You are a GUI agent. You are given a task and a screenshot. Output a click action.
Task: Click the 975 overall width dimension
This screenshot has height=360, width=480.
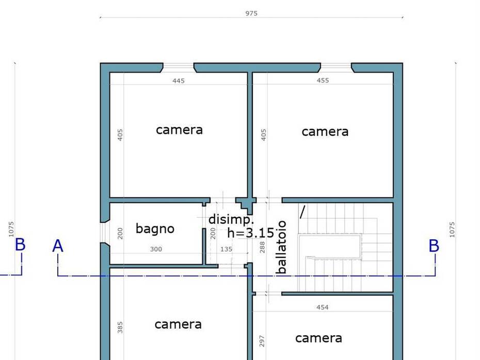[x=251, y=13]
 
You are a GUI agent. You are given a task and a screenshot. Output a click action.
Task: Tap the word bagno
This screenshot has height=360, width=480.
[x=155, y=229]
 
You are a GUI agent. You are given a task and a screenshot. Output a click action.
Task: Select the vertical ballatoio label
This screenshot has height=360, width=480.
[x=281, y=247]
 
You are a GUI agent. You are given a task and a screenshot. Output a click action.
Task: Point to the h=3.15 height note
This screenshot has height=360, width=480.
[x=251, y=233]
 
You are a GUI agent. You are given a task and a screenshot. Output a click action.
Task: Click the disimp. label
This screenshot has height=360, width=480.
[x=231, y=220]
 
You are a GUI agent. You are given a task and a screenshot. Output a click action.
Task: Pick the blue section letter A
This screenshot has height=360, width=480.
[x=58, y=246]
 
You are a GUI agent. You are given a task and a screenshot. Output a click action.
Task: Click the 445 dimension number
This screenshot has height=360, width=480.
[x=179, y=81]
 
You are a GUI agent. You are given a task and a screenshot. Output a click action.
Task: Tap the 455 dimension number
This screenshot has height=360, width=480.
[x=323, y=80]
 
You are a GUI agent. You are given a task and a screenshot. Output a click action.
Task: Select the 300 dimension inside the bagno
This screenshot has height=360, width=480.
[x=156, y=249]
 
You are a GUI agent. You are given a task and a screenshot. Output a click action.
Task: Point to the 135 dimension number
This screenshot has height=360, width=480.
[x=226, y=249]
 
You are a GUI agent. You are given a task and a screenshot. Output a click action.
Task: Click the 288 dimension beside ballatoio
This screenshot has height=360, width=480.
[x=262, y=248]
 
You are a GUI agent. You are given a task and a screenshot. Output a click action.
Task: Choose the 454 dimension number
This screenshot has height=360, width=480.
[x=323, y=307]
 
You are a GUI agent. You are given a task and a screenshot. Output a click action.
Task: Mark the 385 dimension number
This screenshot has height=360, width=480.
[x=120, y=328]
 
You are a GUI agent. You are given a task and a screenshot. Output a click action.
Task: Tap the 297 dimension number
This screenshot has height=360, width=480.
[x=262, y=341]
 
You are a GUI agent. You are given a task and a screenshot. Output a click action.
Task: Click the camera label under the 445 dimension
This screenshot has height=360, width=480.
[x=180, y=130]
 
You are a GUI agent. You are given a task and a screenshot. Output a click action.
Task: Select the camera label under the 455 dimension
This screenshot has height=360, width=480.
[x=325, y=132]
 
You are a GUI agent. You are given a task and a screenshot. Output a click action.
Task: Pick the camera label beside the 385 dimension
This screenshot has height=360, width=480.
[x=178, y=324]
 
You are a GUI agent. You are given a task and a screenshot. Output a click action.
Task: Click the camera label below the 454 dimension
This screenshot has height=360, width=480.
[x=318, y=338]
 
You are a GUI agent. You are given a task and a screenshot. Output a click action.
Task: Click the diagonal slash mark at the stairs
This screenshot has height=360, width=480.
[x=302, y=212]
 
